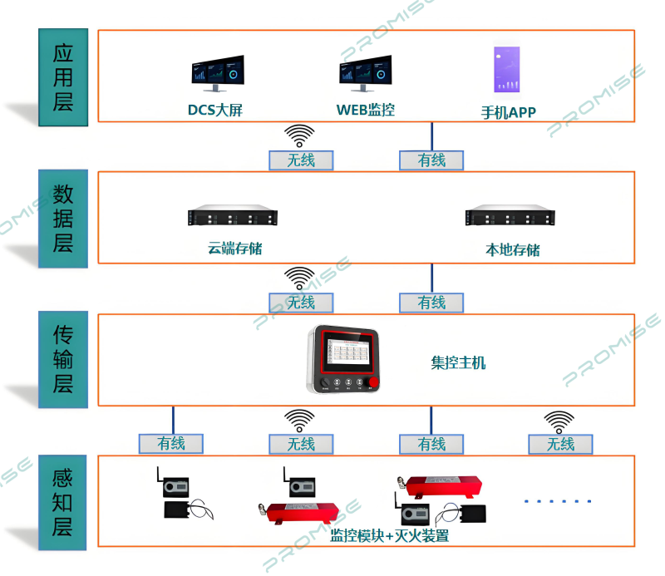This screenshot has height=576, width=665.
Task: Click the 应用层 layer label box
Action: tap(63, 77)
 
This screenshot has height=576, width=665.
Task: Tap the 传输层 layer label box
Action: tap(63, 360)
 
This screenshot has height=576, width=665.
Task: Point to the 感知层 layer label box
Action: tap(63, 502)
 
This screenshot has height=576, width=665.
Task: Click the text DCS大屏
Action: tap(214, 110)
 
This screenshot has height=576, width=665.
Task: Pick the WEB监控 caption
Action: tap(365, 110)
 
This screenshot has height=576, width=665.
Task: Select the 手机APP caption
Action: tap(509, 112)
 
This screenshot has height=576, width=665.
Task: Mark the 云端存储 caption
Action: tap(235, 248)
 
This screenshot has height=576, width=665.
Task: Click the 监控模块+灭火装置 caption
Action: tap(390, 535)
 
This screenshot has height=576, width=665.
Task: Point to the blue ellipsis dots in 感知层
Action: tap(558, 500)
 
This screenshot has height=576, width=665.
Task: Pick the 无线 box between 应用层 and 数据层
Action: tap(301, 160)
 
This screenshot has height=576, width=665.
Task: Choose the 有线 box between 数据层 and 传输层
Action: tap(431, 303)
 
